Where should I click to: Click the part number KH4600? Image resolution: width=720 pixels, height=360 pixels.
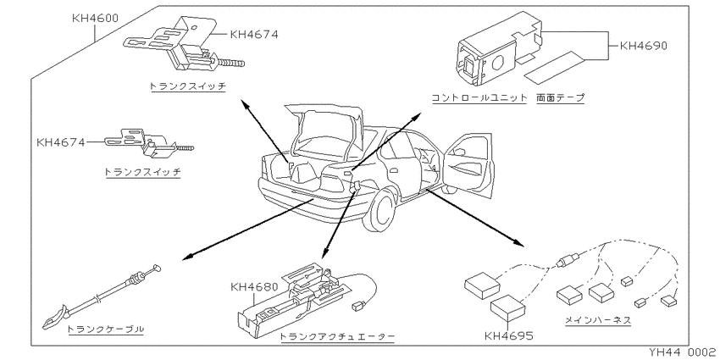click(x=95, y=19)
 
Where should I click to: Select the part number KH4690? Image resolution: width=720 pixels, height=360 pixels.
click(x=643, y=46)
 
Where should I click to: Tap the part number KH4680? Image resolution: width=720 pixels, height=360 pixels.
click(x=254, y=287)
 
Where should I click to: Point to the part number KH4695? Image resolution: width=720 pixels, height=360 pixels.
click(x=509, y=336)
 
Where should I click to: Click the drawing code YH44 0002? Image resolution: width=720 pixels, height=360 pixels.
click(x=684, y=352)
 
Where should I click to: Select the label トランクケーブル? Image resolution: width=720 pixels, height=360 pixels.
click(x=106, y=330)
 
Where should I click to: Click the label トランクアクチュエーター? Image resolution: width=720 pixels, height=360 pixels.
click(x=337, y=336)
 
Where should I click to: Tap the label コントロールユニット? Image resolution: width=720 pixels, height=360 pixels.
click(x=479, y=97)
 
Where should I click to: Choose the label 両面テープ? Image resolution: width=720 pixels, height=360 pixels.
click(x=560, y=97)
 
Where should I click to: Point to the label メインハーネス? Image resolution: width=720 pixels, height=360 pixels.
click(x=597, y=320)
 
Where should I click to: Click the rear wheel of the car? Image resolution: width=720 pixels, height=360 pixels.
click(x=379, y=210)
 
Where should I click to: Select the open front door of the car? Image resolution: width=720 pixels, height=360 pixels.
click(x=468, y=166)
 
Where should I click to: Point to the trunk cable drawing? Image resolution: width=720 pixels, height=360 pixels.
click(x=101, y=295)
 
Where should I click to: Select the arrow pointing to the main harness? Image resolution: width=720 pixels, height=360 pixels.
click(x=475, y=216)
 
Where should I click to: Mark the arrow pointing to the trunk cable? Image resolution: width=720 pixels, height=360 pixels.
click(x=248, y=230)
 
